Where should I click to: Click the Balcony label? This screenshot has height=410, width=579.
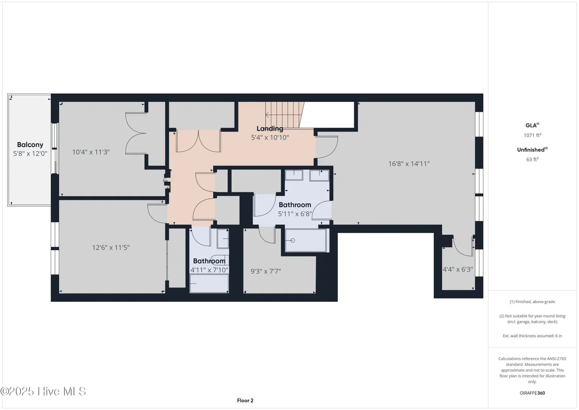coord(30,145)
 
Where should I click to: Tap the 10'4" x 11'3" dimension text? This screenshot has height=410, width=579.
coord(91,152)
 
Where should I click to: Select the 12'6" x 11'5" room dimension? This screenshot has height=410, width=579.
coord(111,248)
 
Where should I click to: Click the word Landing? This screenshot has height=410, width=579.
coord(270,129)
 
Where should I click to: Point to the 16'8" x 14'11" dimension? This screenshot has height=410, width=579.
coord(409,164)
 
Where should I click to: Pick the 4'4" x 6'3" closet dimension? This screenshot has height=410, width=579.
coord(458,270)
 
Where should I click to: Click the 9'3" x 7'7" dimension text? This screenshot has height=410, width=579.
coord(266,271)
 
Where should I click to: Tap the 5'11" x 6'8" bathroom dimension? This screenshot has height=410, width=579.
coord(295,214)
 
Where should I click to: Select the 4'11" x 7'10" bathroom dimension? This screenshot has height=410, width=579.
coord(209,270)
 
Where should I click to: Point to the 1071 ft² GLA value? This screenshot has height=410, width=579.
coord(532,135)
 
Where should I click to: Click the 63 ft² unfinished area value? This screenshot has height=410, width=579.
coord(532,159)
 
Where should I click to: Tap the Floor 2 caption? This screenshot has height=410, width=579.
coord(245,401)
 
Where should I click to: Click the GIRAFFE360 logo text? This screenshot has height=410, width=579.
coord(532,393)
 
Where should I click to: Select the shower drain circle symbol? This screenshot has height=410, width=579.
coord(293,240)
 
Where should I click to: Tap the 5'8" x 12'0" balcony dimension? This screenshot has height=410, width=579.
coord(30,153)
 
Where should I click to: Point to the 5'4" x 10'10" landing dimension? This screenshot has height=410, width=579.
coord(270,137)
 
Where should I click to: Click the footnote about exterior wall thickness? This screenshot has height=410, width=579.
coord(532,336)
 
